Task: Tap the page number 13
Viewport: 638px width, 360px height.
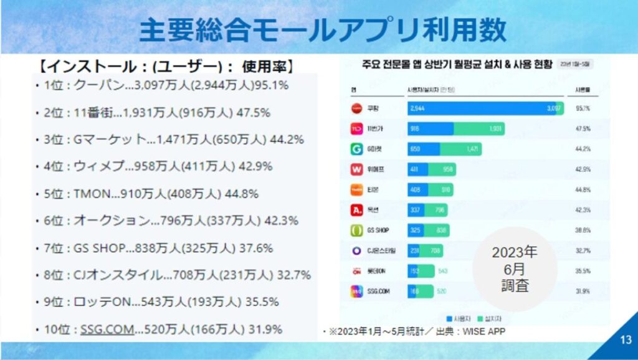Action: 626,340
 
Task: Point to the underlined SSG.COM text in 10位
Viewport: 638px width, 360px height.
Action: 107,329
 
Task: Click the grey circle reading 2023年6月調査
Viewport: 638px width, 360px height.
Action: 514,269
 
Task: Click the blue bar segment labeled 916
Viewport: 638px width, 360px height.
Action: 430,129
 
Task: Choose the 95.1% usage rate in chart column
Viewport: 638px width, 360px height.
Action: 583,109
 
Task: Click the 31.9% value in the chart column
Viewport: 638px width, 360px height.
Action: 583,291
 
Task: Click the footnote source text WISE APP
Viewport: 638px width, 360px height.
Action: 484,331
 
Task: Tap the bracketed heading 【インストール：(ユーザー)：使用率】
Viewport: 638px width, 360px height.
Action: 165,66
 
